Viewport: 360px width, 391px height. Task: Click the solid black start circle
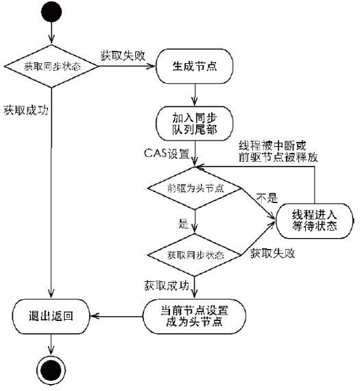51,12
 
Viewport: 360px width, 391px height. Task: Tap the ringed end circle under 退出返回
51,370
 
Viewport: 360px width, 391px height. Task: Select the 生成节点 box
195,67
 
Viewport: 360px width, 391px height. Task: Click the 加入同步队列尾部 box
195,123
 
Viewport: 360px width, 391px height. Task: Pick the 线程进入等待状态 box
314,221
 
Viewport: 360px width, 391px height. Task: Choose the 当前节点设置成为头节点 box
194,316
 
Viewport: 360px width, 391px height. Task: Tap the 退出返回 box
51,316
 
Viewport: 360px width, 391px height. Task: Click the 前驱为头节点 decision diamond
195,188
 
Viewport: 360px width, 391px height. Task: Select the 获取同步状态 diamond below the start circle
51,67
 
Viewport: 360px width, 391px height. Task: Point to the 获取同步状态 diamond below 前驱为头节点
195,255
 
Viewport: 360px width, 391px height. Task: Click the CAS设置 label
167,153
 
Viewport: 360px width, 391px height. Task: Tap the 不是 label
267,198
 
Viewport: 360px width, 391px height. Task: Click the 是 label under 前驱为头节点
183,224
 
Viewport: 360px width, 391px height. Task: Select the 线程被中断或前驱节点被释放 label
278,152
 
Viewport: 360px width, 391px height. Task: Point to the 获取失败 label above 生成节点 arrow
123,56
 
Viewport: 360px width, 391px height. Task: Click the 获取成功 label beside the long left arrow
26,110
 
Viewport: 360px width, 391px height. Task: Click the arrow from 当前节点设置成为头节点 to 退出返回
117,316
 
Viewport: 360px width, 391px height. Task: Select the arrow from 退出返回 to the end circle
51,344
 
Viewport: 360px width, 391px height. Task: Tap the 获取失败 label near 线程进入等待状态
273,253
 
